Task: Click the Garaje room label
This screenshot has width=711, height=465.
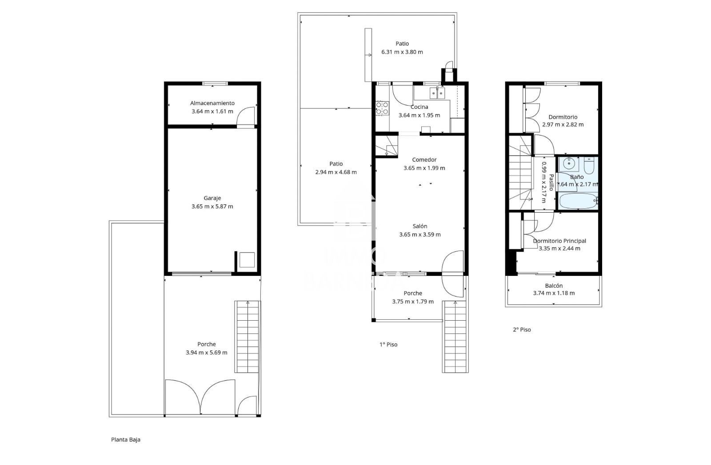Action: click(x=212, y=198)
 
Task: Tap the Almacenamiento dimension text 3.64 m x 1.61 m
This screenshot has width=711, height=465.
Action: click(x=212, y=111)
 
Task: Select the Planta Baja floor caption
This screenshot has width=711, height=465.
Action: click(x=126, y=440)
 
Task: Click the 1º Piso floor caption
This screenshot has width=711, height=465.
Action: click(x=388, y=345)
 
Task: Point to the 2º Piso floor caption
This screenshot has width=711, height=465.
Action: click(x=522, y=330)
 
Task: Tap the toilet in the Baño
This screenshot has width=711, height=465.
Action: click(x=589, y=166)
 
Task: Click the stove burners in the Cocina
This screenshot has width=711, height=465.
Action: click(x=382, y=108)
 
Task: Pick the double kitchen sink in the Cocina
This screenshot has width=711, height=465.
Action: click(x=437, y=93)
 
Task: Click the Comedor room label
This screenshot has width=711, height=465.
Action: click(x=424, y=160)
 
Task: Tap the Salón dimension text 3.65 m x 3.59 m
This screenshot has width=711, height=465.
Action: click(x=419, y=234)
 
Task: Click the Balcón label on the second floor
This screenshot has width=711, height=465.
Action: click(x=554, y=286)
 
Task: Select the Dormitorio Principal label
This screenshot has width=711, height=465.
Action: click(x=559, y=241)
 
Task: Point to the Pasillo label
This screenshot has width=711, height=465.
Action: click(x=551, y=182)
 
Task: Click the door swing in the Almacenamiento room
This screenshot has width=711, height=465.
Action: click(x=246, y=117)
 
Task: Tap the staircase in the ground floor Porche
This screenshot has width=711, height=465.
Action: click(x=247, y=336)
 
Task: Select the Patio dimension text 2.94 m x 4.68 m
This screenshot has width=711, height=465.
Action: click(x=336, y=172)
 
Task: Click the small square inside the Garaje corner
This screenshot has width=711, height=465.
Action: click(x=247, y=260)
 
